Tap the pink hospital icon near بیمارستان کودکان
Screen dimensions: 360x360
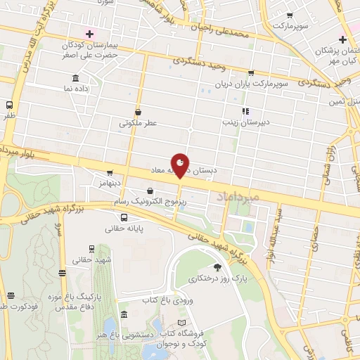[x=89, y=34]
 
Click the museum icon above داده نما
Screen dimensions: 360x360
[x=75, y=78]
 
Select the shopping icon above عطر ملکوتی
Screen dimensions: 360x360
[x=139, y=111]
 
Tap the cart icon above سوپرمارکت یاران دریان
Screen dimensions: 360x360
[x=251, y=73]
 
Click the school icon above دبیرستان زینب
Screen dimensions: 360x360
[x=245, y=110]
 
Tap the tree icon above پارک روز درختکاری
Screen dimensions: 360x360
[x=217, y=267]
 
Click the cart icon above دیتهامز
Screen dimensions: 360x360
[x=110, y=172]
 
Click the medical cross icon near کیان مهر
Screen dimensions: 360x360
[x=342, y=39]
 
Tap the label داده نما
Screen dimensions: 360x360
[x=77, y=89]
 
